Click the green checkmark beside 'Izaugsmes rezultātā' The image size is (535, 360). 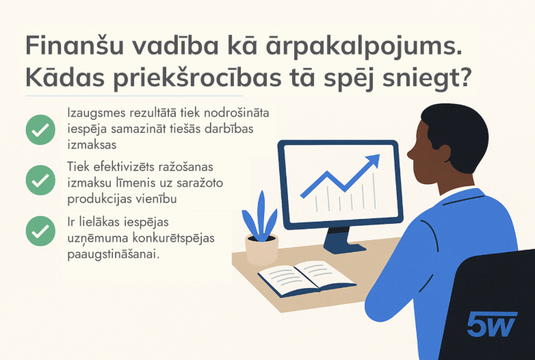(x=40, y=129)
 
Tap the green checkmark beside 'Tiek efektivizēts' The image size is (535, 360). (x=40, y=180)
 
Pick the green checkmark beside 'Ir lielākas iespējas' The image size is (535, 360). (x=40, y=231)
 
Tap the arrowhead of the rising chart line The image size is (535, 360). (x=374, y=161)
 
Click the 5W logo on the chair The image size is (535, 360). (x=491, y=324)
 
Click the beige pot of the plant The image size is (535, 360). (x=262, y=249)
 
